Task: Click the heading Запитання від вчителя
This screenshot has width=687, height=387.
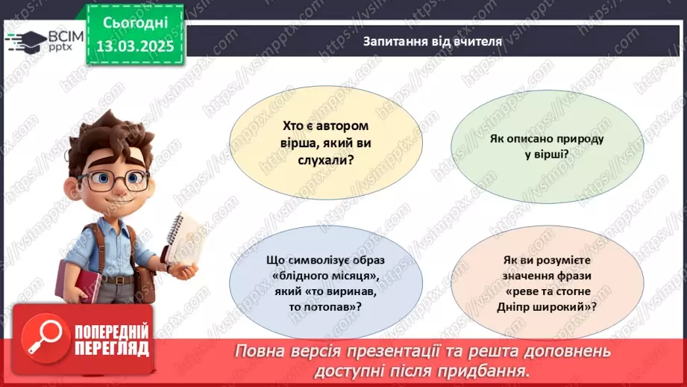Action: coord(433,42)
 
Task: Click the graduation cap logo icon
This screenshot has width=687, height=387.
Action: coord(28,40)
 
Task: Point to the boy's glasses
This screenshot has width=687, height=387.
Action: coord(115,179)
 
